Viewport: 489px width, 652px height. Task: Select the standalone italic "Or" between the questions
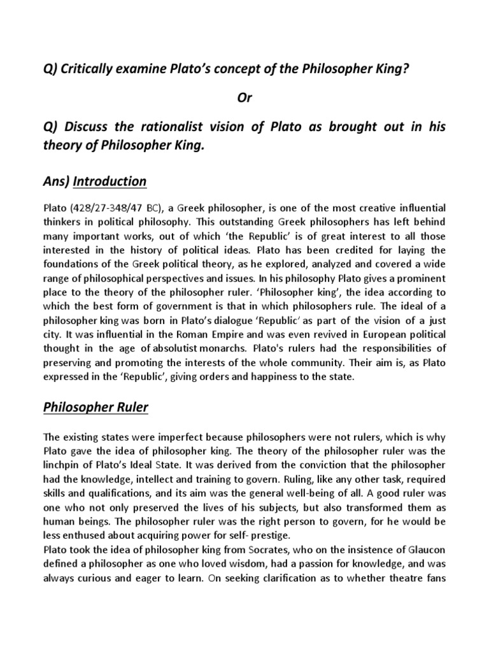coord(244,98)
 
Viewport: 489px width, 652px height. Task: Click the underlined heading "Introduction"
coord(110,181)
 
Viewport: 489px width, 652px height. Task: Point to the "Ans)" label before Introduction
coord(56,181)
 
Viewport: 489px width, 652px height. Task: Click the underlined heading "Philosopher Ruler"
coord(96,407)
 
